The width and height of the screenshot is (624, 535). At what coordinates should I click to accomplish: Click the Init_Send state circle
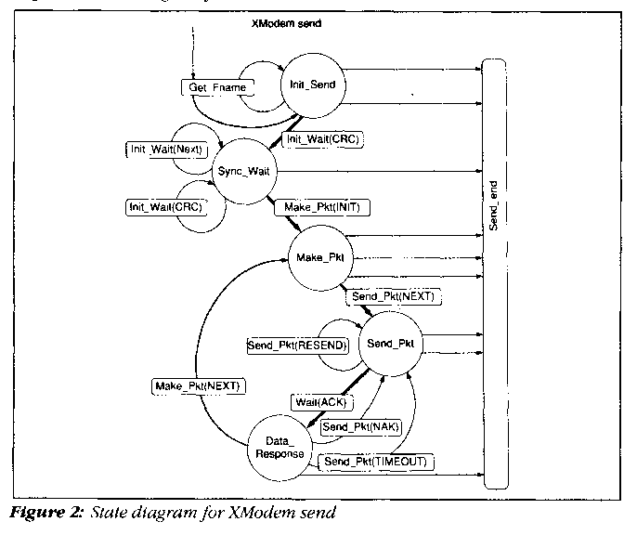pos(312,84)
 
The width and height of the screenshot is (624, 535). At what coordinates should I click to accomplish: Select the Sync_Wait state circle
pos(243,171)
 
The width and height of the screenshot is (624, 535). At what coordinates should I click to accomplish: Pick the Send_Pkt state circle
pos(390,343)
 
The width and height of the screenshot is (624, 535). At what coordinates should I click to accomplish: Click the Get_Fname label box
pos(215,86)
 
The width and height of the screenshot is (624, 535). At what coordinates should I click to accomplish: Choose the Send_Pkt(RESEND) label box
pos(297,346)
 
